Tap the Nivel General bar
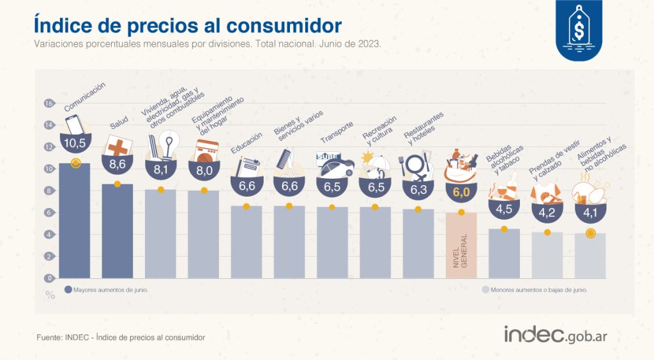click(461, 246)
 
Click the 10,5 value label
click(75, 142)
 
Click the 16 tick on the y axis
click(48, 103)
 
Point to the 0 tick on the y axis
click(48, 278)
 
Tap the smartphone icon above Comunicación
click(74, 124)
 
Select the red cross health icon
click(118, 147)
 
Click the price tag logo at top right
click(578, 29)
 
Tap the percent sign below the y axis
click(50, 295)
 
